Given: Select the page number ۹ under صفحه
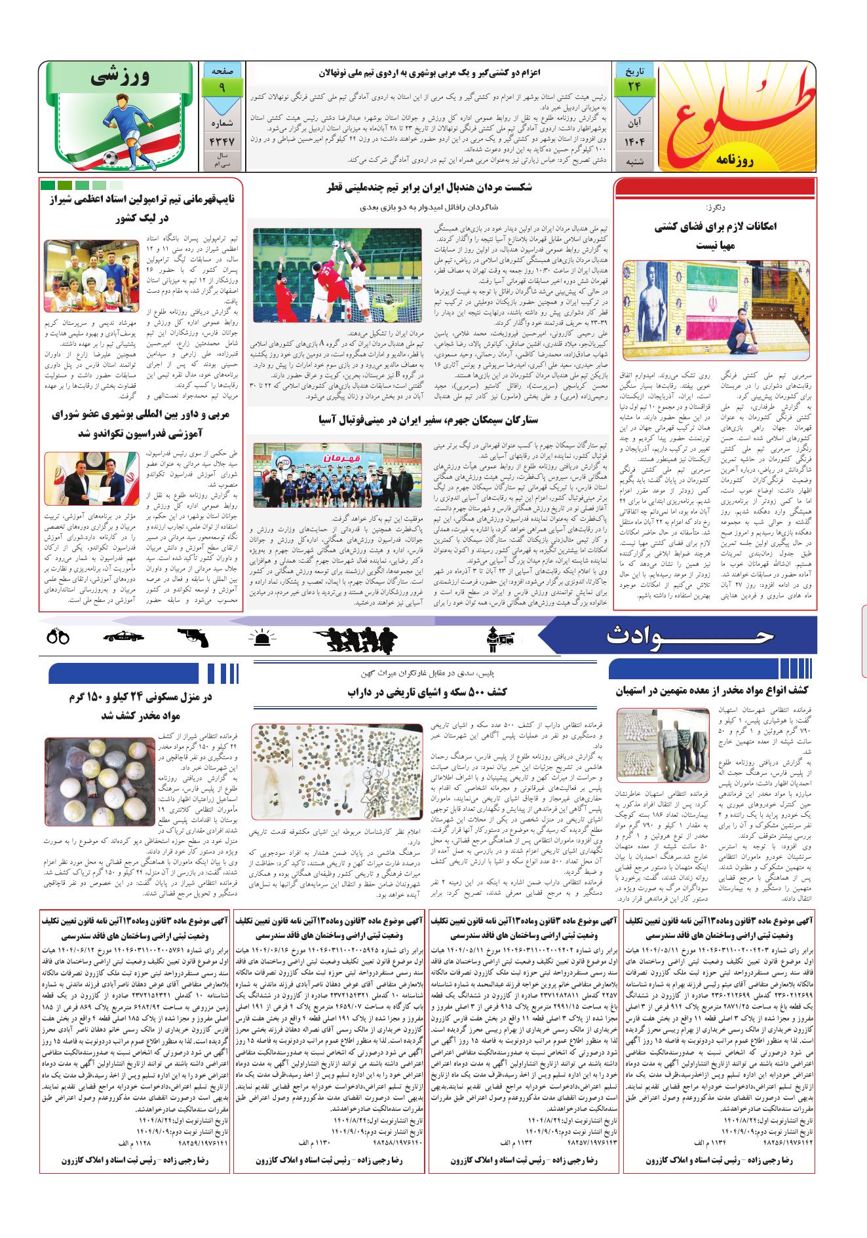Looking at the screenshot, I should click(x=223, y=86).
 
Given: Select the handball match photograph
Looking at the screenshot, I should click(x=338, y=275).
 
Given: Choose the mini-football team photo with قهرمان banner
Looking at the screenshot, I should click(x=338, y=470).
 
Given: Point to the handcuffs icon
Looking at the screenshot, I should click(x=58, y=635).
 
